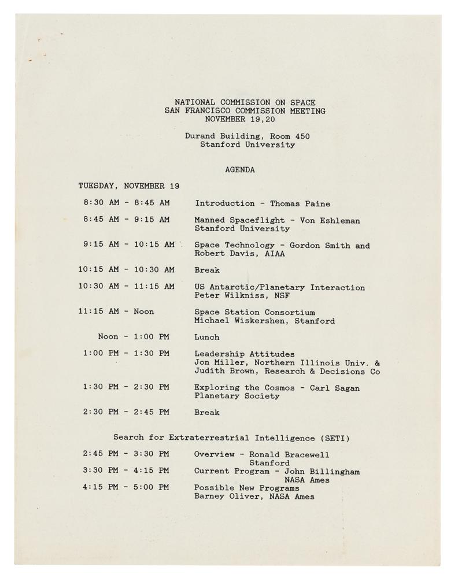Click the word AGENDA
click(x=239, y=170)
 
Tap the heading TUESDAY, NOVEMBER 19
click(x=129, y=186)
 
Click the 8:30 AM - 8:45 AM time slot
click(x=126, y=203)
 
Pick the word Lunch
click(x=207, y=337)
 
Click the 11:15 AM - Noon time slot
click(x=116, y=312)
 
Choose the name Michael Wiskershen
click(x=242, y=321)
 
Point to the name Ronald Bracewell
click(x=294, y=454)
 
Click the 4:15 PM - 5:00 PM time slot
click(x=126, y=487)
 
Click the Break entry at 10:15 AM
click(x=207, y=270)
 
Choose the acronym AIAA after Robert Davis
click(x=275, y=253)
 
